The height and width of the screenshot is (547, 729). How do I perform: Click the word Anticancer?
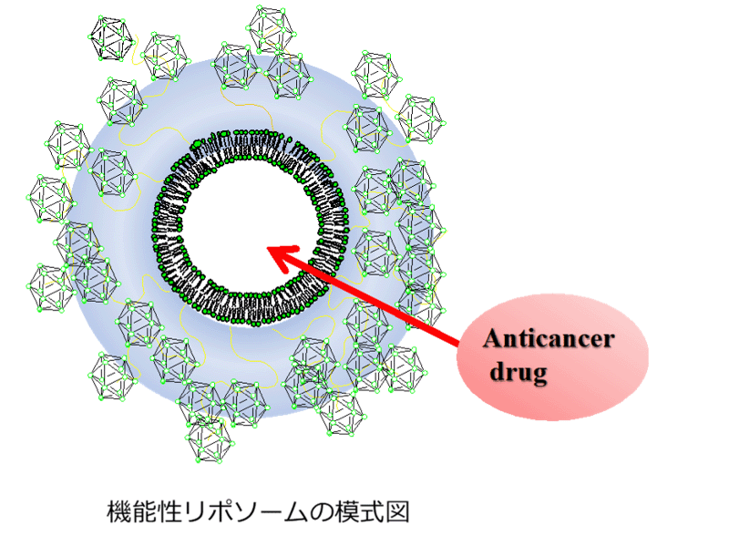pos(549,341)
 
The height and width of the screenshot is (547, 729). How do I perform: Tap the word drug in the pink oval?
pos(521,373)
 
